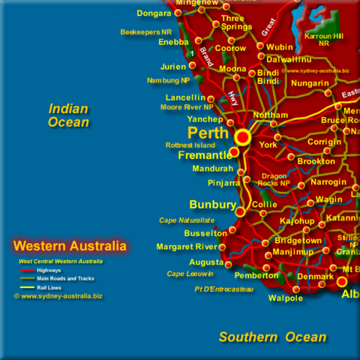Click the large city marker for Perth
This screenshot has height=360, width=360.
click(x=242, y=137)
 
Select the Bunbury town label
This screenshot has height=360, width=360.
click(x=212, y=204)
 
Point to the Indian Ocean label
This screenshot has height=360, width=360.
click(x=68, y=115)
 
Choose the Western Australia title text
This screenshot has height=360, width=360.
click(x=70, y=245)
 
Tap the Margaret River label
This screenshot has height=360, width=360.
click(x=187, y=247)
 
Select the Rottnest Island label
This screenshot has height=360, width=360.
click(x=190, y=145)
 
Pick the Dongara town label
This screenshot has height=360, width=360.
click(x=154, y=13)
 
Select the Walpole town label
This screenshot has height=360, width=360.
click(x=286, y=298)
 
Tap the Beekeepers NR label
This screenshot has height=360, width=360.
click(x=146, y=31)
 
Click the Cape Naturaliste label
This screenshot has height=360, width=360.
click(x=187, y=220)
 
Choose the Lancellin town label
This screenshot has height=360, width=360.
click(x=185, y=97)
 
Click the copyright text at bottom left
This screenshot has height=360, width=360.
click(x=58, y=296)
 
